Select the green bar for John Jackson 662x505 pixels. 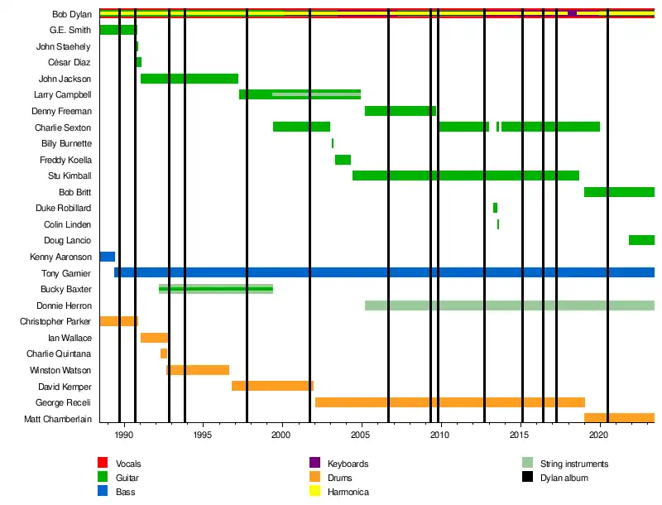coord(189,79)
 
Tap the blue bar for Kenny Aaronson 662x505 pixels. coord(107,257)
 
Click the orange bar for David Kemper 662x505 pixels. coord(272,386)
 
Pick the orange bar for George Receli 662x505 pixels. coord(450,402)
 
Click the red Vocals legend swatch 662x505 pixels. coord(103,463)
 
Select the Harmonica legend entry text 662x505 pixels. coord(348,492)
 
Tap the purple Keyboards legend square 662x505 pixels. coord(314,463)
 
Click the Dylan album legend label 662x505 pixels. coord(564,478)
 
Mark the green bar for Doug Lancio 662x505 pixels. coord(641,240)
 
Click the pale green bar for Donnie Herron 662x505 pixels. coord(509,305)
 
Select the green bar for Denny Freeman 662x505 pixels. coord(401,111)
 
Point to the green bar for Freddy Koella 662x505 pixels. coord(343,160)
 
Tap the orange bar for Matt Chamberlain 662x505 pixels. coord(619,418)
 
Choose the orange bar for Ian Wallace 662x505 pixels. coord(155,338)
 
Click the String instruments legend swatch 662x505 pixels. coord(527,463)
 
